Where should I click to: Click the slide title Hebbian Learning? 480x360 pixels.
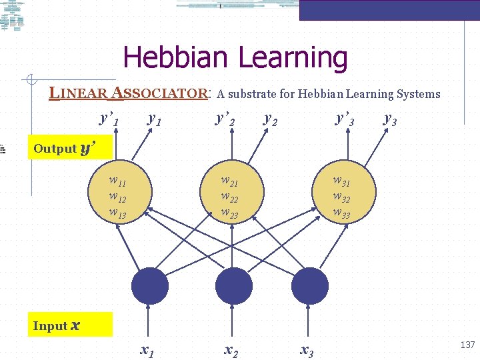[235, 58]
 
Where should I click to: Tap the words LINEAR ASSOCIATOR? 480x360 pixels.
[131, 93]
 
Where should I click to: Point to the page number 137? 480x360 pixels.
[467, 345]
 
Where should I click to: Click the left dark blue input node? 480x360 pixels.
[150, 286]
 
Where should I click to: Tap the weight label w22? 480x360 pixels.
[230, 197]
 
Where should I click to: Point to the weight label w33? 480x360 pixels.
[341, 213]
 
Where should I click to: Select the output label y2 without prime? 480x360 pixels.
[271, 119]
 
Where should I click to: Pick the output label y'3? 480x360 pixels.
[345, 119]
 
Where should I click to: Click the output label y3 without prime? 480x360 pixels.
[391, 119]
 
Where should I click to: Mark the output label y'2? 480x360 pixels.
[225, 119]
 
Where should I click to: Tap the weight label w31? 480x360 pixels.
[341, 181]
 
